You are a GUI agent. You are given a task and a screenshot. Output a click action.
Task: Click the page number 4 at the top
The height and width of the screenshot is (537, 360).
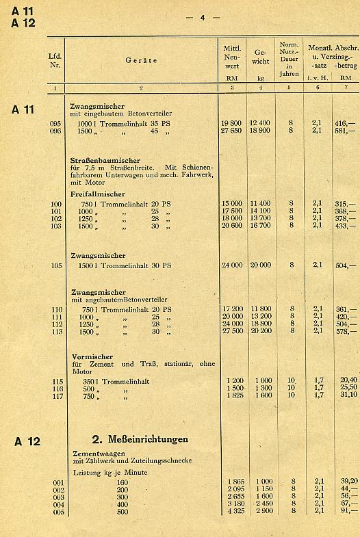[x=202, y=17]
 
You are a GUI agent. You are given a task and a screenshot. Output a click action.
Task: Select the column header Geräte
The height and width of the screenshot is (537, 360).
[x=141, y=60]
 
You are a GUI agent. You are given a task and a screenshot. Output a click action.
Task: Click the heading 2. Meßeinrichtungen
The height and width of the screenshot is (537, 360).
[x=140, y=438]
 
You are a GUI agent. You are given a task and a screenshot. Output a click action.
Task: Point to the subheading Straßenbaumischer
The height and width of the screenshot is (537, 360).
[x=105, y=160]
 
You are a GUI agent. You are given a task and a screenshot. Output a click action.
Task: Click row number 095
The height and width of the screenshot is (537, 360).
[x=56, y=122]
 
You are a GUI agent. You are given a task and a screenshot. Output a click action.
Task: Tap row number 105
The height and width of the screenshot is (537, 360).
[x=56, y=265]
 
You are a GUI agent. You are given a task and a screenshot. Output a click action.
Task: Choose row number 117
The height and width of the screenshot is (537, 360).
[x=56, y=395]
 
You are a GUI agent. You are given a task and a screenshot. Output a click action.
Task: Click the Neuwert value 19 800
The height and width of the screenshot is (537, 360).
[x=231, y=122]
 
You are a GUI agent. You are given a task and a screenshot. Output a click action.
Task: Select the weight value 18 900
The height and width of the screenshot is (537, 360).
[x=260, y=130]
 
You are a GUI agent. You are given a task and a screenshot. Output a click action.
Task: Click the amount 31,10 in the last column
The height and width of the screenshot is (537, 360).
[x=348, y=395]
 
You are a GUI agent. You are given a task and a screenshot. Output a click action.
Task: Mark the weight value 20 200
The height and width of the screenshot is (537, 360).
[x=260, y=330]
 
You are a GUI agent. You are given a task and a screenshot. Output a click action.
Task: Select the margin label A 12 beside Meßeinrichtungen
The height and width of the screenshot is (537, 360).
[x=27, y=441]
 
